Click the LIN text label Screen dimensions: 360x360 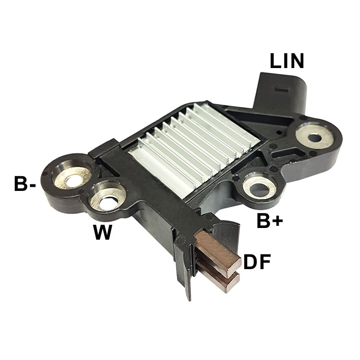[x=287, y=61]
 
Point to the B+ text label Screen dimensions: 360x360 [x=269, y=221]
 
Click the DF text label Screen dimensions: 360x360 [x=257, y=262]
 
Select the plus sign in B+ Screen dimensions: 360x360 [x=277, y=221]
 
